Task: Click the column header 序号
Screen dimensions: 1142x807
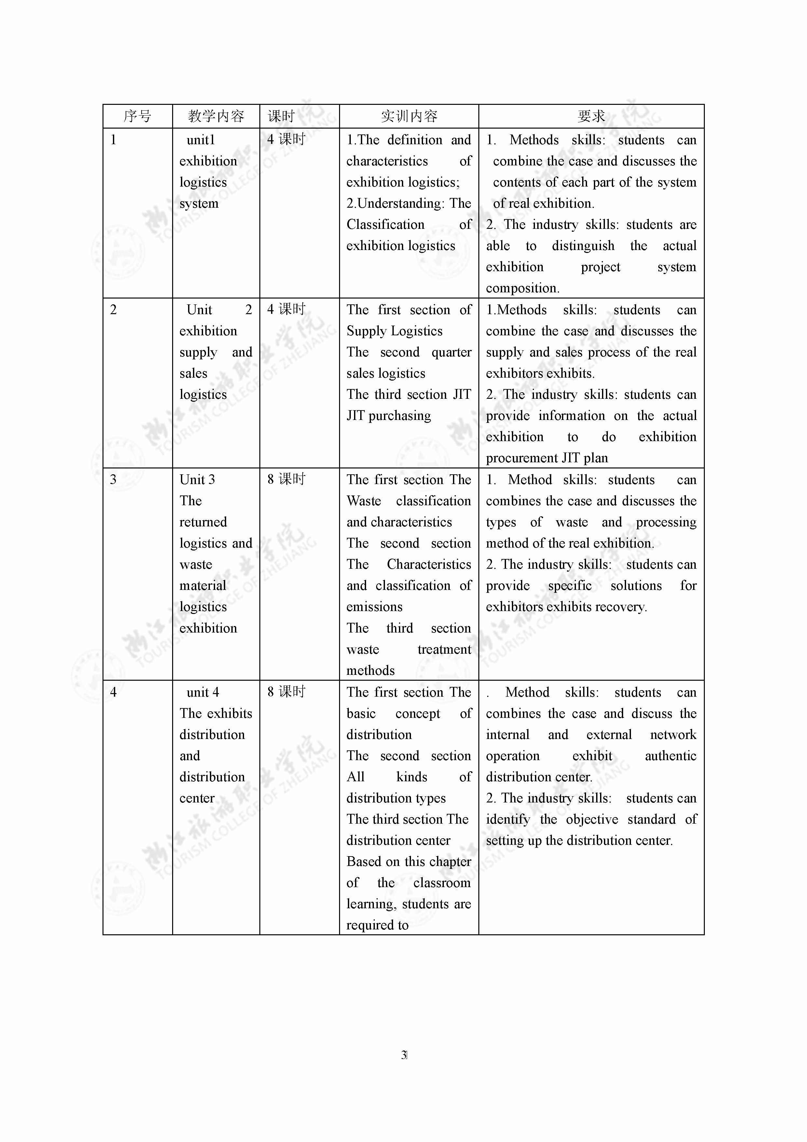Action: (x=137, y=117)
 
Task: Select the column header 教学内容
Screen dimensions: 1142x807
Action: (x=216, y=117)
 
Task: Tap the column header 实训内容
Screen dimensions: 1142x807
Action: (x=409, y=117)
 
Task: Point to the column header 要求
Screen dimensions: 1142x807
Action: (x=591, y=117)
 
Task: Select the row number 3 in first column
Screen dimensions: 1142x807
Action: (x=113, y=480)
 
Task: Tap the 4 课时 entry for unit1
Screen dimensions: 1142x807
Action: (x=286, y=139)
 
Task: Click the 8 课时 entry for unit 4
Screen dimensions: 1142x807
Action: (x=286, y=691)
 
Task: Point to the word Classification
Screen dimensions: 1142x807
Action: (x=385, y=225)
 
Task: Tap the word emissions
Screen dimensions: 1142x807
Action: (x=375, y=607)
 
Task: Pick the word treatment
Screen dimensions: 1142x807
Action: (x=444, y=649)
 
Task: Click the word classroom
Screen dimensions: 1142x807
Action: (x=442, y=883)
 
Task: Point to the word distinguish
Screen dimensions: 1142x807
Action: (x=583, y=246)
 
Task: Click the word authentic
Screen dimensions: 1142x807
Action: (x=670, y=756)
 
